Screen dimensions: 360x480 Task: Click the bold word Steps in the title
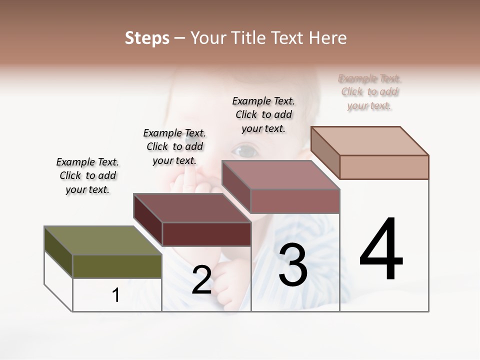[147, 38]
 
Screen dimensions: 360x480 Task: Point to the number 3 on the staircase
[293, 265]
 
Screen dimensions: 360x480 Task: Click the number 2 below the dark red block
[201, 280]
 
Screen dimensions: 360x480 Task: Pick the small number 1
[116, 295]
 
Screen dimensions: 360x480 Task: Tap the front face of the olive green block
[117, 266]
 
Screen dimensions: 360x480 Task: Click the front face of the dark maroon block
[206, 234]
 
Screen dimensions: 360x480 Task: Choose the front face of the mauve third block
[295, 201]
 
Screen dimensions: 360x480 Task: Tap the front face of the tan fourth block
[384, 167]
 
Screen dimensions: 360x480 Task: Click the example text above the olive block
[87, 175]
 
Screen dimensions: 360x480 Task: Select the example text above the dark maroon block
[174, 146]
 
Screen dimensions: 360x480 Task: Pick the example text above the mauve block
[263, 114]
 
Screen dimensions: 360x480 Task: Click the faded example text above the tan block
[369, 92]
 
